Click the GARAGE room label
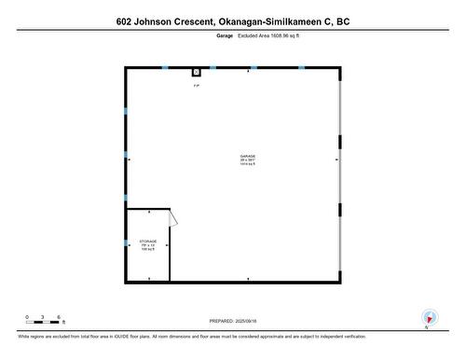point(247,156)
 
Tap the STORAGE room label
point(148,241)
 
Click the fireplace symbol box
point(197,72)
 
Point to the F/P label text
point(197,87)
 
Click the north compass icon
point(429,317)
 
